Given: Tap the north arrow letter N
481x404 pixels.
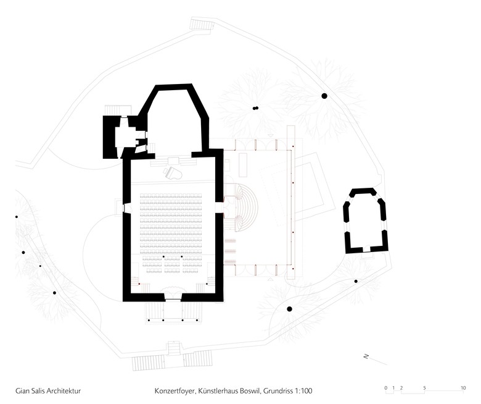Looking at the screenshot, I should [x=366, y=356].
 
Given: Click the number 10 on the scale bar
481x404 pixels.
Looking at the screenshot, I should [x=462, y=388].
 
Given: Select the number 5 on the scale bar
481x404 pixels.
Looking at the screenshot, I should [x=424, y=388].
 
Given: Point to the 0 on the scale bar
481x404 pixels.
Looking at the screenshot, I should [x=386, y=388].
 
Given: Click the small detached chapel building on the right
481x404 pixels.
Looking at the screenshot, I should [x=366, y=221].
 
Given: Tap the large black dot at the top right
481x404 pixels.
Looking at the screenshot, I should [x=324, y=96].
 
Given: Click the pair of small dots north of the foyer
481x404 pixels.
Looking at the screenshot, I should [x=255, y=108].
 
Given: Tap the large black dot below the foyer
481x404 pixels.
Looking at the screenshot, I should [x=289, y=308].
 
